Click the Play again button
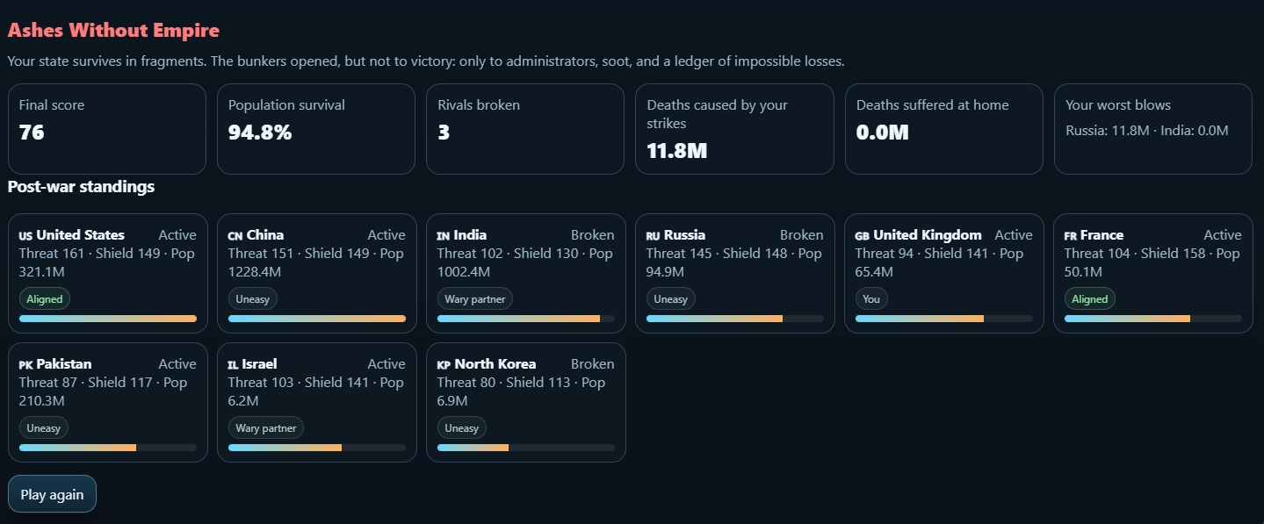click(x=52, y=494)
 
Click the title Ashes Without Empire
click(x=113, y=31)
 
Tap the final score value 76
click(x=32, y=133)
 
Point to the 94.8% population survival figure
click(x=260, y=133)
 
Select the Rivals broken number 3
click(x=444, y=133)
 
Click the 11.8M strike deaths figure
click(x=677, y=151)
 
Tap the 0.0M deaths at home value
click(x=883, y=133)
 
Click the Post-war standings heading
click(x=81, y=187)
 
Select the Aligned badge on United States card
click(x=45, y=299)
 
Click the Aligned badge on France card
click(x=1090, y=299)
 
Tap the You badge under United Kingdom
click(x=871, y=299)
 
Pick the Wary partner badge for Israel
click(x=266, y=428)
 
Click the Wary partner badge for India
click(x=475, y=299)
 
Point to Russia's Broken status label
click(x=801, y=235)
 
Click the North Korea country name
click(x=495, y=364)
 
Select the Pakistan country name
click(x=64, y=364)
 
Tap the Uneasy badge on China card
click(x=253, y=299)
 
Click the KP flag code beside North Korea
click(x=444, y=365)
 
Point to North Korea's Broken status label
click(x=592, y=364)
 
